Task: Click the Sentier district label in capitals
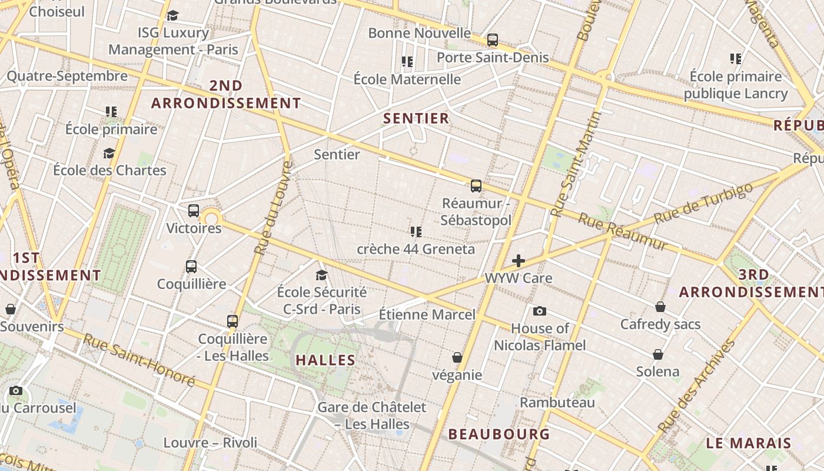click(x=416, y=118)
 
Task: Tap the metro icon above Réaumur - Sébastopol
click(x=476, y=186)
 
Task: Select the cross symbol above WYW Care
click(x=519, y=261)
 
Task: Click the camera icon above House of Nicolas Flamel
click(x=540, y=311)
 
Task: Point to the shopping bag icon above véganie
click(x=457, y=357)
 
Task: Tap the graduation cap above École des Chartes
click(x=109, y=153)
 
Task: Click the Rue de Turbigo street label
click(x=703, y=203)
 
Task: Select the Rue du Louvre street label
click(x=273, y=208)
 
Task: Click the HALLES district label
click(x=325, y=360)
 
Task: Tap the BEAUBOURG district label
click(x=499, y=434)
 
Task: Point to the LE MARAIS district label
click(x=749, y=443)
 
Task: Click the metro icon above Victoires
click(x=194, y=211)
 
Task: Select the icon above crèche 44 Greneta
click(x=416, y=232)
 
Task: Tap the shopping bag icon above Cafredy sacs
click(x=660, y=307)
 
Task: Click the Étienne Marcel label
click(x=427, y=314)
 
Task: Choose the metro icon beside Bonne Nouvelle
click(x=493, y=40)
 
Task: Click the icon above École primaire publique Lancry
click(x=736, y=58)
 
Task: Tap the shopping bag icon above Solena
click(x=658, y=354)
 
